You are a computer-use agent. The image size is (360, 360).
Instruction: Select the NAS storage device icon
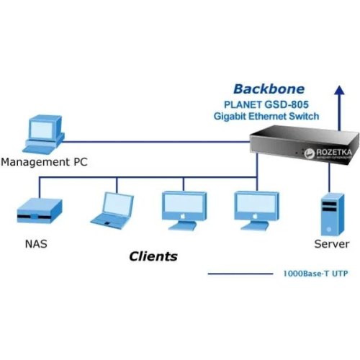point(39,213)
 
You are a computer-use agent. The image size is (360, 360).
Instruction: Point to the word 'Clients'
point(153,256)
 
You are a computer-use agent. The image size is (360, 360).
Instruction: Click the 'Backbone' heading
point(269,89)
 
